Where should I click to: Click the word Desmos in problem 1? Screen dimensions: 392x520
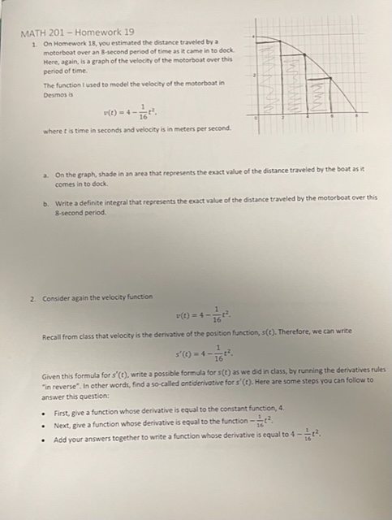54,94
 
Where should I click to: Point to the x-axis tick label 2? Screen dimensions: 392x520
281,119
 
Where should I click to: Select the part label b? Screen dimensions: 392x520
45,197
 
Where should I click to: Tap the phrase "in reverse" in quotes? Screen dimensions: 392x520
60,379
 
